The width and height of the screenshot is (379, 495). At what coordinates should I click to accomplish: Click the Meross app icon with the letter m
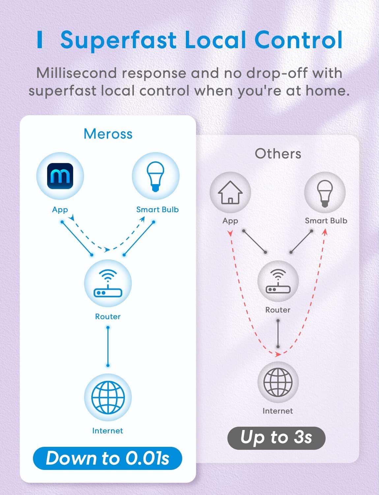pyautogui.click(x=60, y=176)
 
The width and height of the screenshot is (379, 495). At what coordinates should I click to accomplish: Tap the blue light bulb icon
pyautogui.click(x=156, y=176)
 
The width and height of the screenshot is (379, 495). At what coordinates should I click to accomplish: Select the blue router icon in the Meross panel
pyautogui.click(x=108, y=283)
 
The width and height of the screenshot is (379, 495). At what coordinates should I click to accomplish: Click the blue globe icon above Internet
pyautogui.click(x=108, y=397)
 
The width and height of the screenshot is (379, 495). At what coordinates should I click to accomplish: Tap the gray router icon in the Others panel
pyautogui.click(x=278, y=281)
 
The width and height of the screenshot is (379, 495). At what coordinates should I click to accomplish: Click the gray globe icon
pyautogui.click(x=278, y=382)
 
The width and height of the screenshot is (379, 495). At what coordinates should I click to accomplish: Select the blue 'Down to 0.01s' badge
pyautogui.click(x=107, y=458)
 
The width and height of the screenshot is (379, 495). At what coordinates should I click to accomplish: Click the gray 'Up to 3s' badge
pyautogui.click(x=276, y=438)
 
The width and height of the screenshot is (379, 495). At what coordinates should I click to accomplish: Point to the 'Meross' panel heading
pyautogui.click(x=108, y=134)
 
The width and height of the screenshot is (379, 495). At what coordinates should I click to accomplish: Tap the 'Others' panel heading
pyautogui.click(x=278, y=154)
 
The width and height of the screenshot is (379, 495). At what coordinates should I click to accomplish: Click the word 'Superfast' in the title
pyautogui.click(x=118, y=40)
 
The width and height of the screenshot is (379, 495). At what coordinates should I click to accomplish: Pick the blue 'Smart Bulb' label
pyautogui.click(x=158, y=210)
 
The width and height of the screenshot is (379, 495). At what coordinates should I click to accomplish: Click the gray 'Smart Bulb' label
pyautogui.click(x=326, y=221)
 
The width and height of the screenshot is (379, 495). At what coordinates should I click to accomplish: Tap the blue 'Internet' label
pyautogui.click(x=107, y=431)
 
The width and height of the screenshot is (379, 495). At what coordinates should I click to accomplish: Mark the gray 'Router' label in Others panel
pyautogui.click(x=278, y=310)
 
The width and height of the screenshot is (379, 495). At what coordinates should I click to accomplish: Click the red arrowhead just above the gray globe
pyautogui.click(x=277, y=354)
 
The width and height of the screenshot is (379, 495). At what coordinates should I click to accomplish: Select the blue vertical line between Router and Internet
pyautogui.click(x=108, y=346)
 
